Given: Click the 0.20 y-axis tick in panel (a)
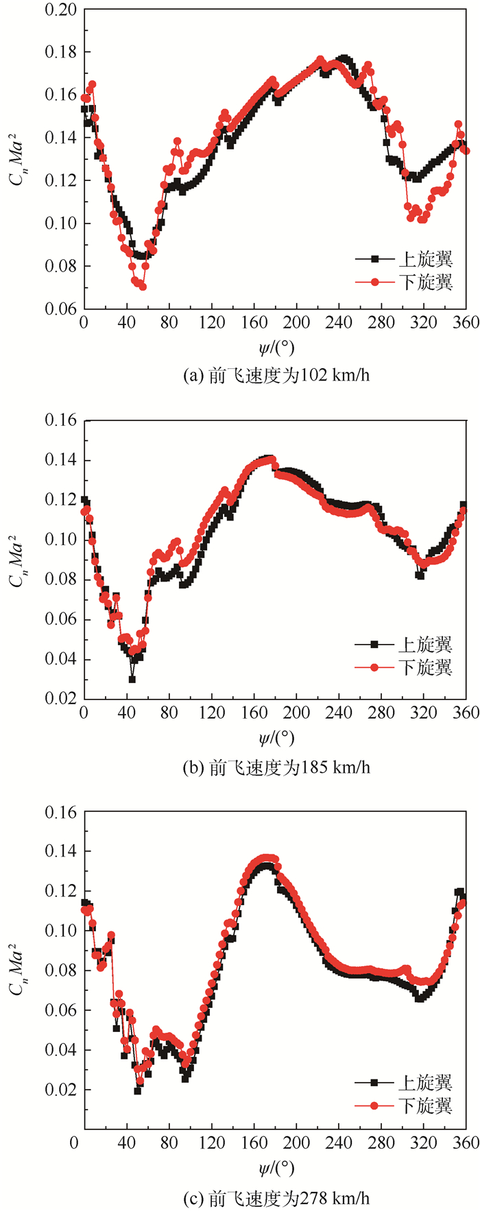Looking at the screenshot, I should (x=62, y=10).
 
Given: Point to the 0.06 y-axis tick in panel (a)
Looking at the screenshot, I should (x=62, y=309).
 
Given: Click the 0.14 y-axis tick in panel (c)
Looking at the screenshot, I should (x=62, y=851).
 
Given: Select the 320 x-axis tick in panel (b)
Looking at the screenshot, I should (x=424, y=713).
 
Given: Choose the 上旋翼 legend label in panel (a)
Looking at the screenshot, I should (x=426, y=259).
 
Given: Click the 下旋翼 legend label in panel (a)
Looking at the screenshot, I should (x=426, y=282).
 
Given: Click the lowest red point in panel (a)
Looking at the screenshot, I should (x=143, y=287).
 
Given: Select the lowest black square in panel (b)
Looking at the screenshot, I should (x=132, y=679).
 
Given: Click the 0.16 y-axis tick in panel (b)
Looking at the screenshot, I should (x=62, y=420).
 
